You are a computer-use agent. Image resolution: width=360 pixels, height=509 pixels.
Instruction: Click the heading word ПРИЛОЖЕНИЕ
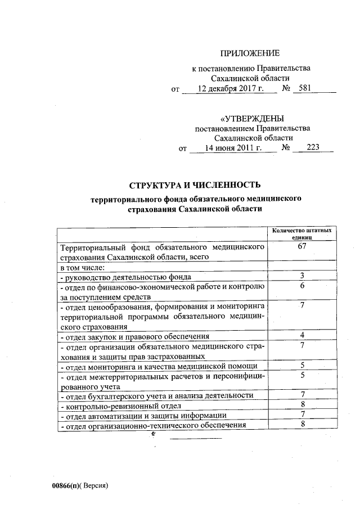pos(250,53)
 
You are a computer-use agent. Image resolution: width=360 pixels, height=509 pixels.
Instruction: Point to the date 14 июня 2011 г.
pos(233,148)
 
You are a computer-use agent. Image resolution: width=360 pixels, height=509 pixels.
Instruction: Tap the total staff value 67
pos(302,247)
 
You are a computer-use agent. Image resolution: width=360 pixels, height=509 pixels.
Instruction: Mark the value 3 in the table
pos(303,276)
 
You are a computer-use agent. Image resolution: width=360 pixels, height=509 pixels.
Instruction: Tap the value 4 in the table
pos(303,336)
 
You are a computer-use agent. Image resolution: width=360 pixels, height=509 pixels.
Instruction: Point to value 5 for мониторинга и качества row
pos(303,366)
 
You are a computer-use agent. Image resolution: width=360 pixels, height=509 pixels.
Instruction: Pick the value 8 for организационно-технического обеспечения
pos(303,424)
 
